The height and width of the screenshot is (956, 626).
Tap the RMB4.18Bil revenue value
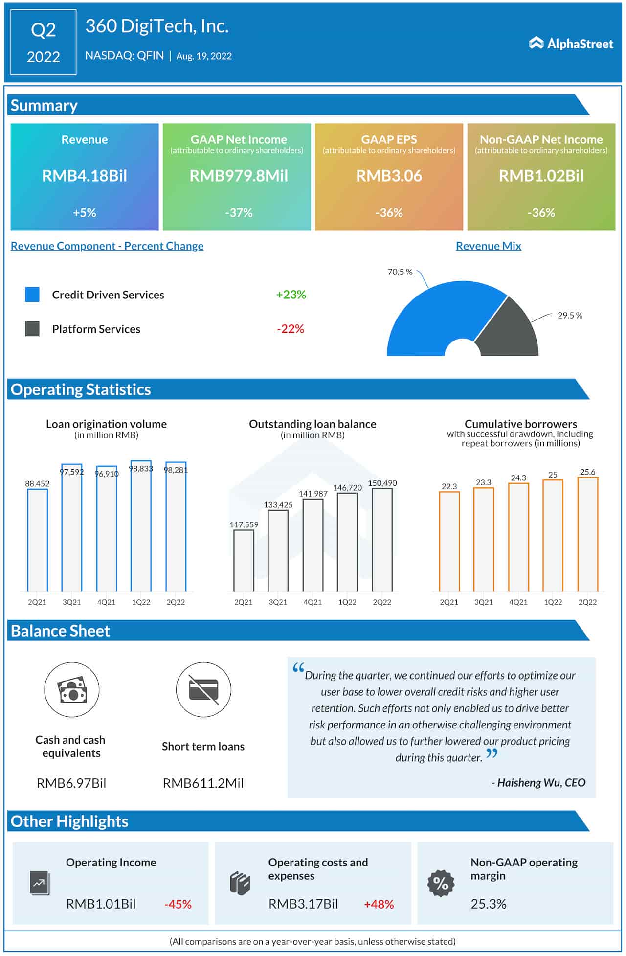[85, 176]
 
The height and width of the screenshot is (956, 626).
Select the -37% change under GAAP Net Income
[239, 213]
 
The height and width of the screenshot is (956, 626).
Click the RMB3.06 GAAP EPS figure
[389, 176]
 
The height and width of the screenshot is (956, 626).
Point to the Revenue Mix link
[488, 246]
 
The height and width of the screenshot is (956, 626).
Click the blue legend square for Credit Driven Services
[32, 295]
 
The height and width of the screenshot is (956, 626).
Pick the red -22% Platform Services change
[291, 329]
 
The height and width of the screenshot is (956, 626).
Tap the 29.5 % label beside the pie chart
[570, 316]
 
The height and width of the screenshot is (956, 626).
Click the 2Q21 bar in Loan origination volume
[37, 540]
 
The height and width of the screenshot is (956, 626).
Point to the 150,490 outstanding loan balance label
[382, 483]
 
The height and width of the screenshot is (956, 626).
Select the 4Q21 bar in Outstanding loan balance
[313, 545]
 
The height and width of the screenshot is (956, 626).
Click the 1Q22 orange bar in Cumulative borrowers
[553, 536]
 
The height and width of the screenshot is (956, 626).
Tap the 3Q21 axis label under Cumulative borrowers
[483, 602]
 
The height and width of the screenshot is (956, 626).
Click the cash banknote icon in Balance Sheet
[72, 690]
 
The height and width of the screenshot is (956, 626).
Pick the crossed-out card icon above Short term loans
[203, 690]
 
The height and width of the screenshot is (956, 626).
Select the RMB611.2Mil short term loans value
[203, 783]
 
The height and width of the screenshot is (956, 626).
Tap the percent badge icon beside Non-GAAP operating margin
[441, 883]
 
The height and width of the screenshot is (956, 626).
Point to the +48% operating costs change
[379, 904]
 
